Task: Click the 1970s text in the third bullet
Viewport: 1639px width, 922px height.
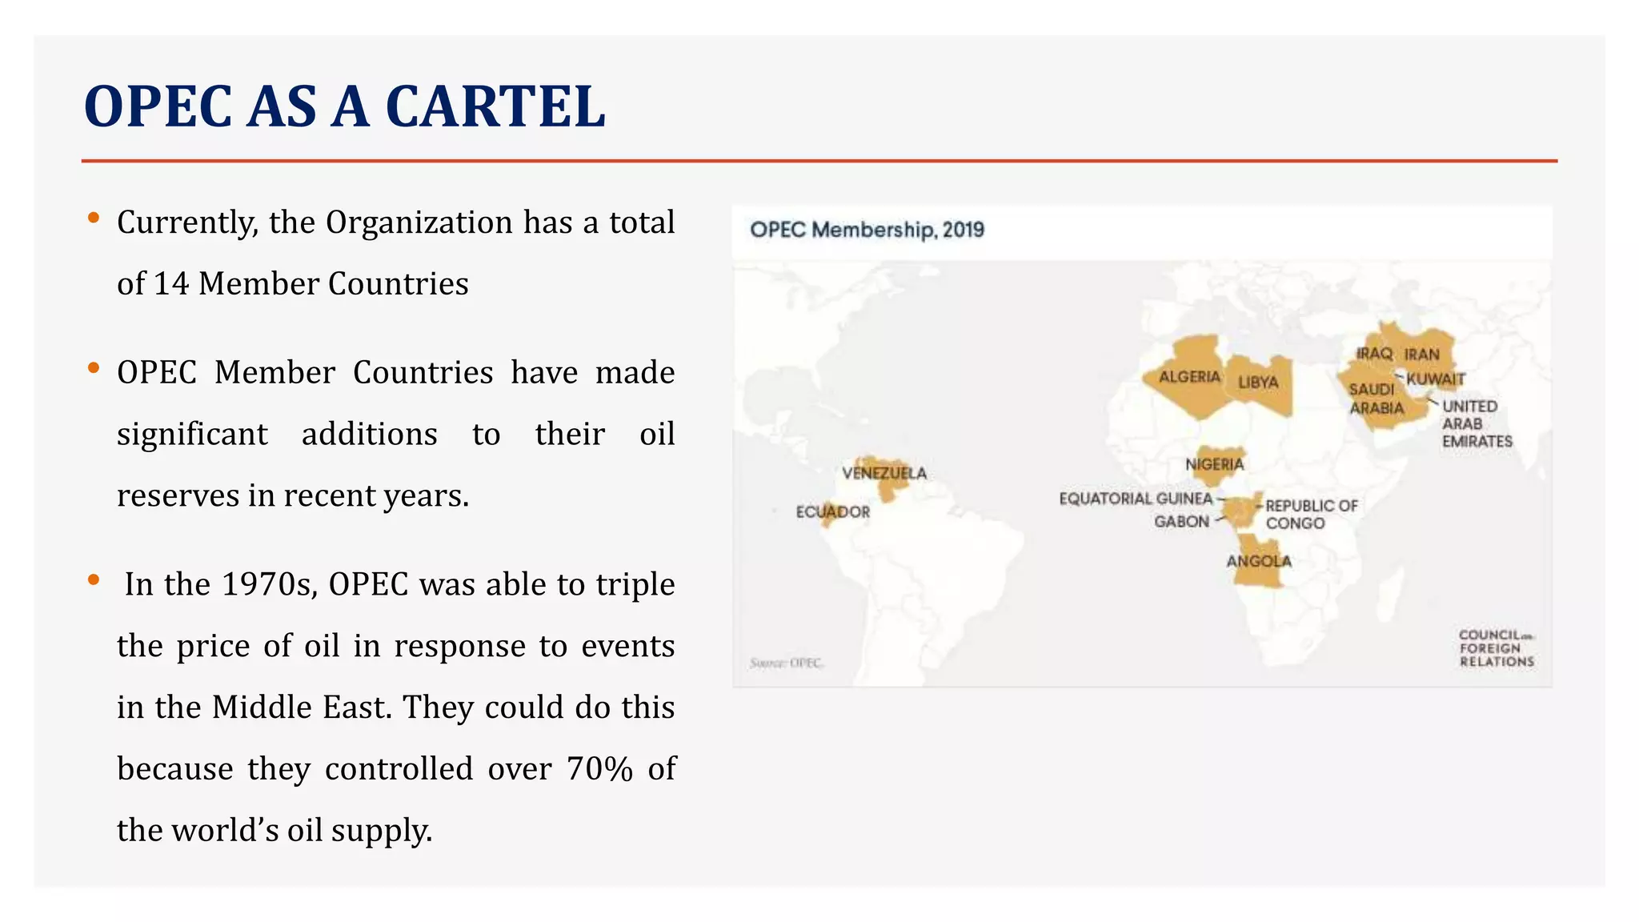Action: pyautogui.click(x=270, y=585)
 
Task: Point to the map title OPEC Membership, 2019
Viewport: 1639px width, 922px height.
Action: pyautogui.click(x=867, y=230)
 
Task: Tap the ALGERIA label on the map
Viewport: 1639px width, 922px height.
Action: pyautogui.click(x=1189, y=377)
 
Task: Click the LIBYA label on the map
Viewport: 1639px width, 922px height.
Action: pyautogui.click(x=1258, y=383)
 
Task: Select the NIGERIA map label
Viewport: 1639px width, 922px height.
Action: pyautogui.click(x=1214, y=464)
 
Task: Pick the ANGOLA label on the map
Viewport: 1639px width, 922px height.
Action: pyautogui.click(x=1259, y=561)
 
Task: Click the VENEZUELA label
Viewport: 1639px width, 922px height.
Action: pyautogui.click(x=884, y=473)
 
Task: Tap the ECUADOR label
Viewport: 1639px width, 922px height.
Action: pyautogui.click(x=832, y=512)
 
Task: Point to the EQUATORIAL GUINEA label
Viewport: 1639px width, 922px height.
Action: pyautogui.click(x=1136, y=499)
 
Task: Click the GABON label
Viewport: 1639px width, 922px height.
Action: pyautogui.click(x=1181, y=522)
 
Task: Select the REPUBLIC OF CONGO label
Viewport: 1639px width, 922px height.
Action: pyautogui.click(x=1310, y=515)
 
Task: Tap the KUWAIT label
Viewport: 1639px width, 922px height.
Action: pyautogui.click(x=1435, y=379)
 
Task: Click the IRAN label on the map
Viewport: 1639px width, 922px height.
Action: pyautogui.click(x=1421, y=355)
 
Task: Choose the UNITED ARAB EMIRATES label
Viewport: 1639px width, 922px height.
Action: pyautogui.click(x=1476, y=424)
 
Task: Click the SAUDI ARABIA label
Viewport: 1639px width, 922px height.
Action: pyautogui.click(x=1376, y=399)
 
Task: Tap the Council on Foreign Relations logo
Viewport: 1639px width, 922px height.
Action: pyautogui.click(x=1495, y=648)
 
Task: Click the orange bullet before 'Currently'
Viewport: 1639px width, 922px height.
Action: pyautogui.click(x=94, y=218)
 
